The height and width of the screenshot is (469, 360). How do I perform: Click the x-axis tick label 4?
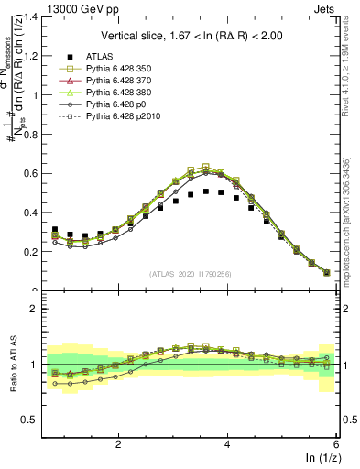click(227, 443)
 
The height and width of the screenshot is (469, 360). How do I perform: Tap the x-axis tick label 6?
click(336, 443)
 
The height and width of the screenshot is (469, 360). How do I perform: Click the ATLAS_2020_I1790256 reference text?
click(191, 274)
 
